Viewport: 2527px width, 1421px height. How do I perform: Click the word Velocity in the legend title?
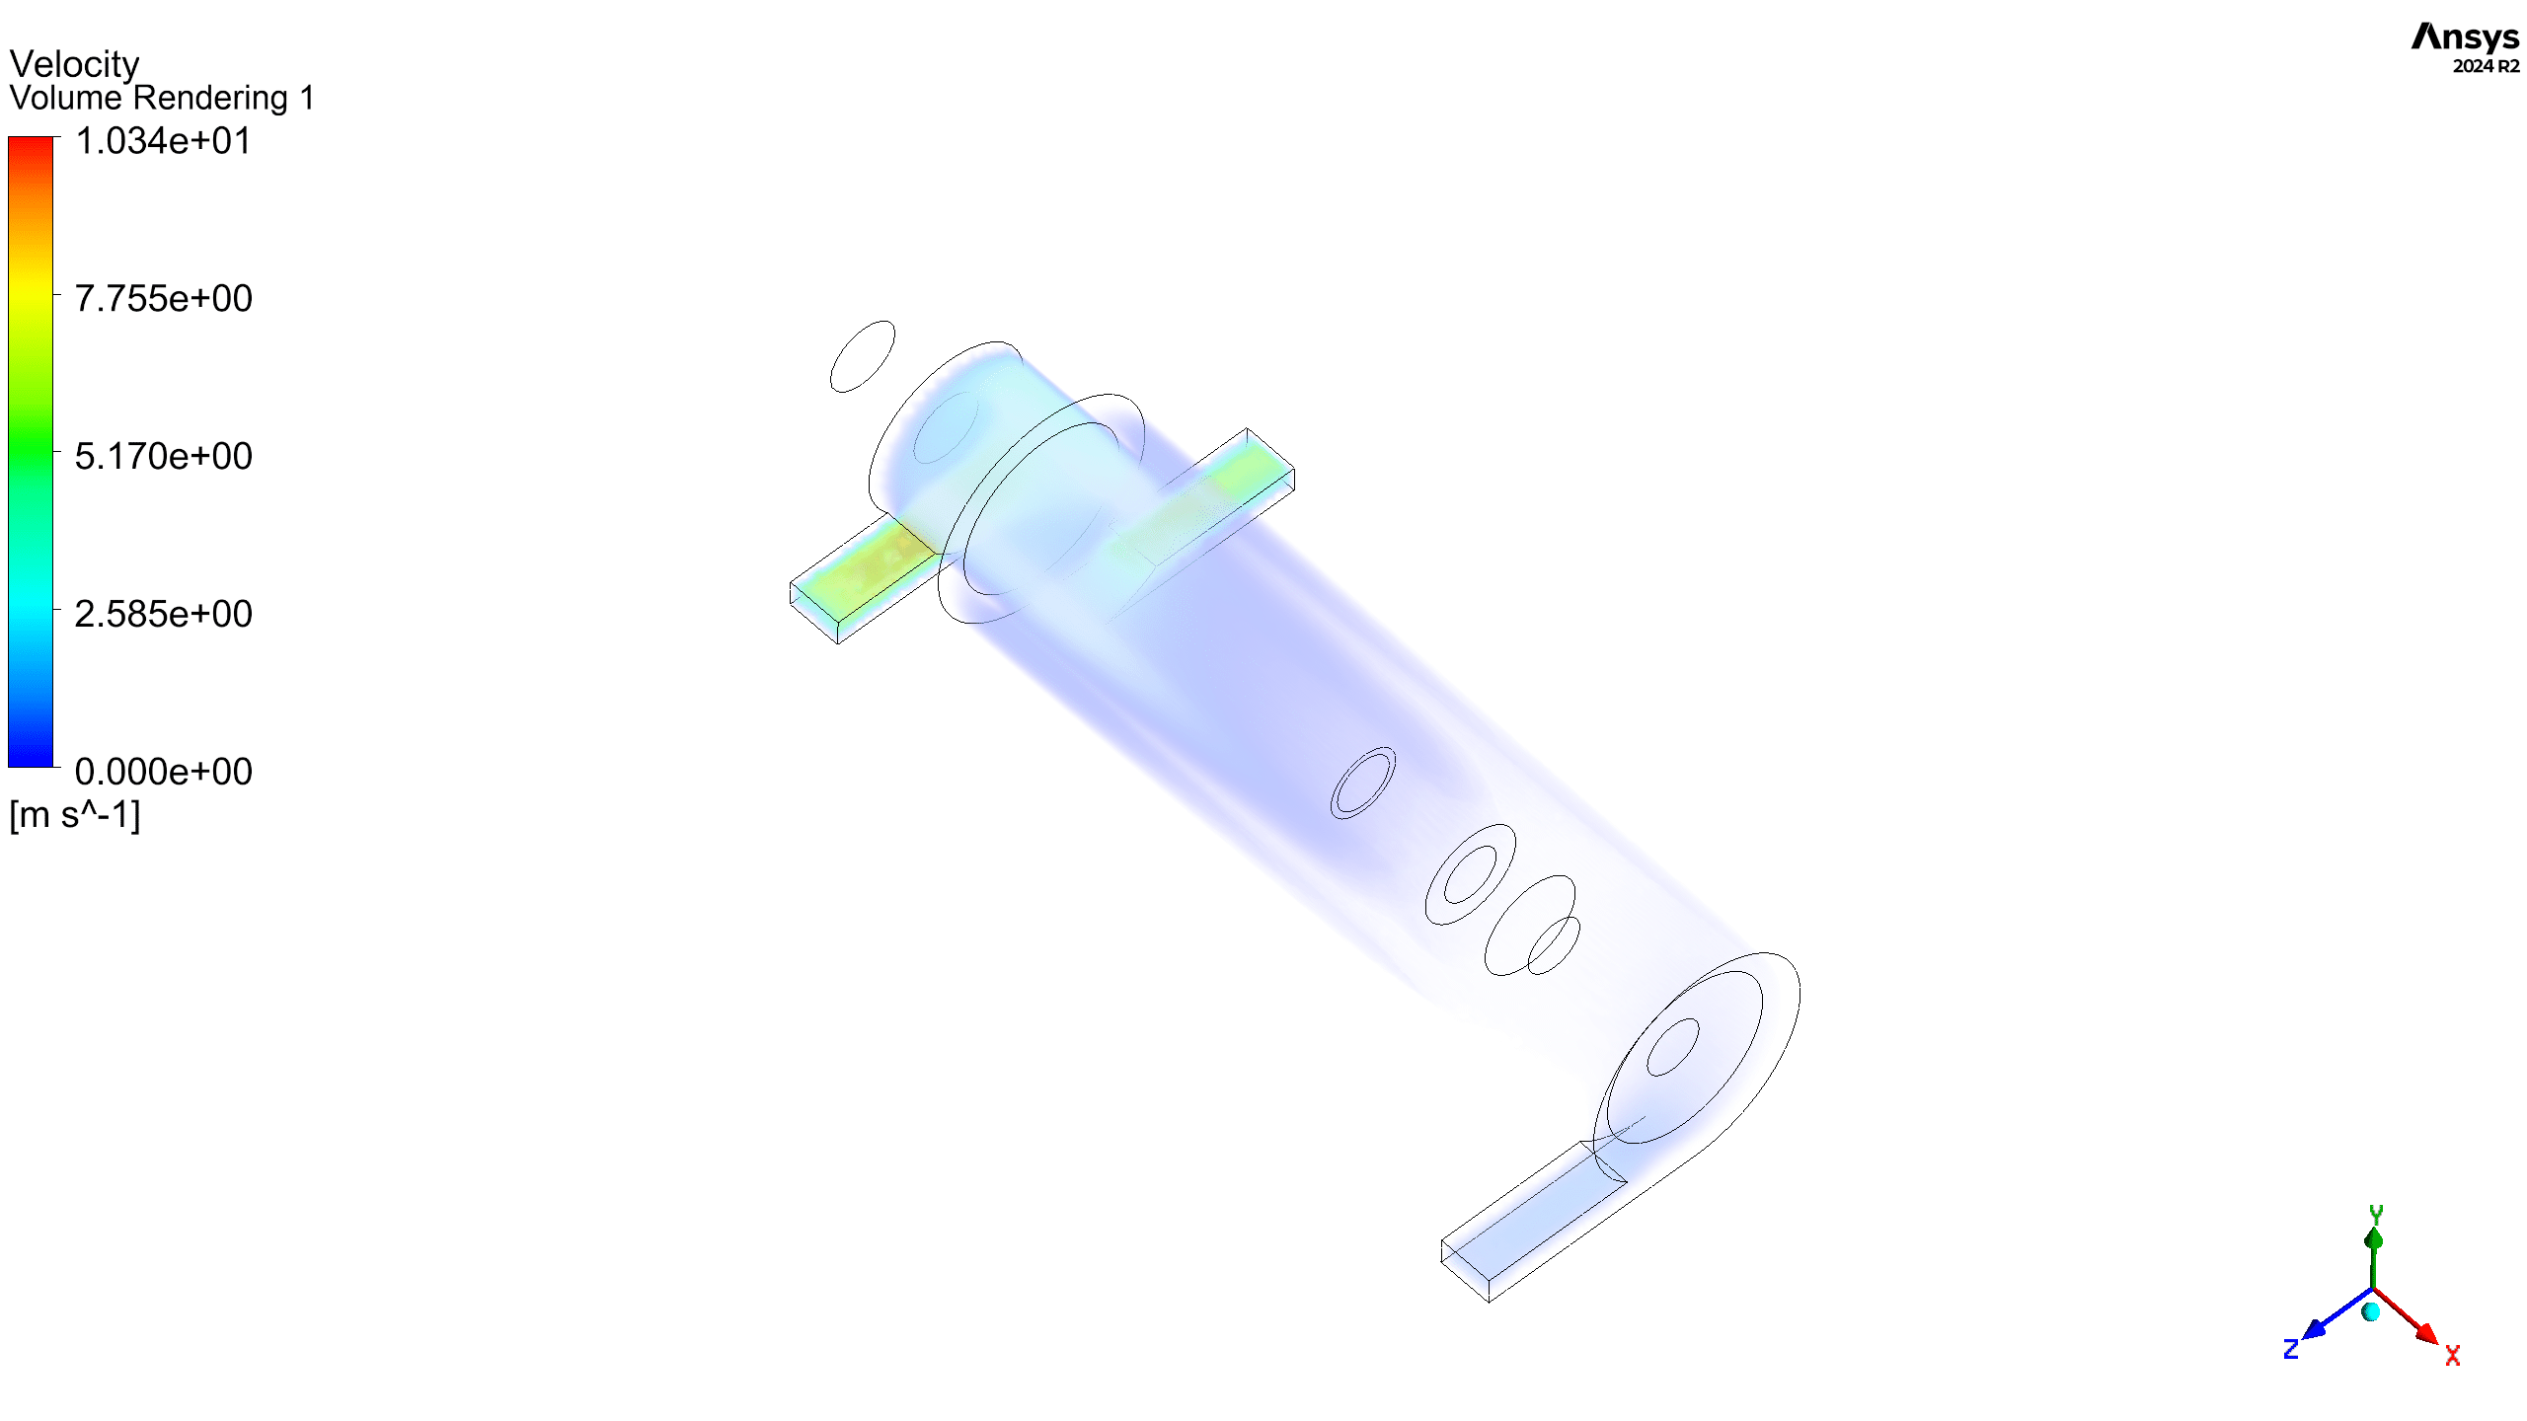[x=74, y=64]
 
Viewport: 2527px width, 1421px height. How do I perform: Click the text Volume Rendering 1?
[x=162, y=98]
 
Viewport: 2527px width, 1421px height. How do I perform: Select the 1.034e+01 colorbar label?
[x=163, y=141]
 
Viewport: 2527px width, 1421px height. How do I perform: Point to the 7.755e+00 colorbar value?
[x=163, y=299]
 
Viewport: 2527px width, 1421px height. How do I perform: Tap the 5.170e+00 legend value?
[x=163, y=457]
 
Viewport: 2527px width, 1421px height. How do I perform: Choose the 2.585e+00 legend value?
[x=163, y=615]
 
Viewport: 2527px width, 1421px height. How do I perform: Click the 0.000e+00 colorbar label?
[x=163, y=773]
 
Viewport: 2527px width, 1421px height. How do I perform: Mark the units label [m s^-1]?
[x=75, y=815]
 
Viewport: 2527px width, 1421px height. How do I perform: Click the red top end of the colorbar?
[x=31, y=142]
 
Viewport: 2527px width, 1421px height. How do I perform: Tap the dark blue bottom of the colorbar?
[x=31, y=761]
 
